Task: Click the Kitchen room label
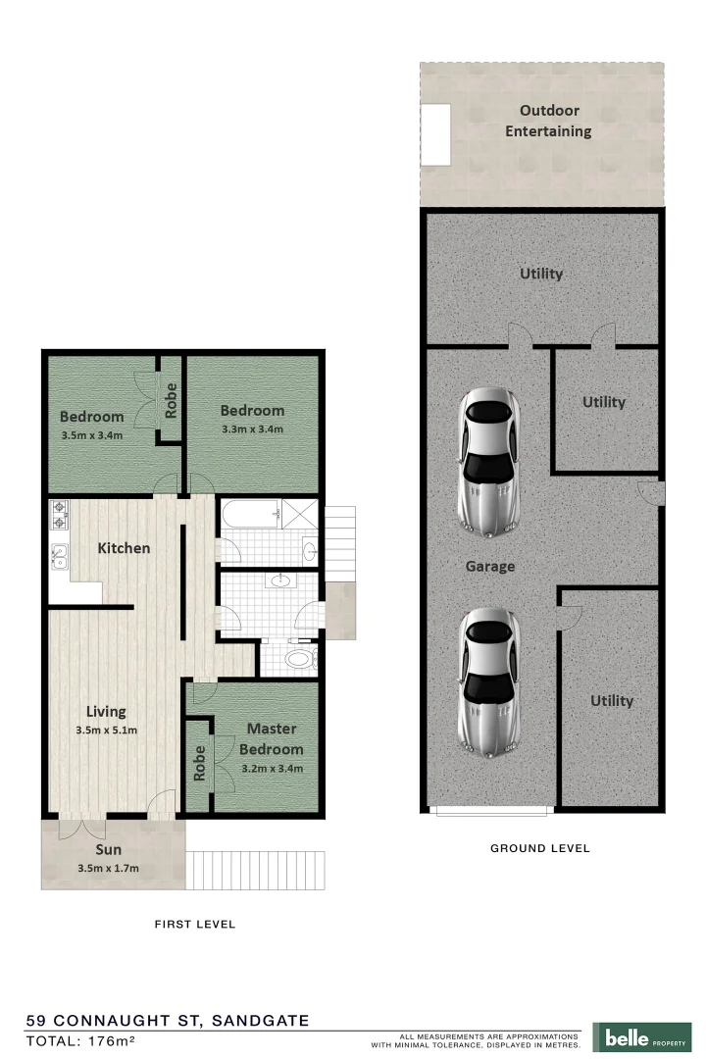pyautogui.click(x=124, y=548)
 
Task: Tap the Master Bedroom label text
pyautogui.click(x=272, y=738)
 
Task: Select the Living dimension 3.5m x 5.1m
pyautogui.click(x=106, y=731)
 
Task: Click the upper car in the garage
pyautogui.click(x=489, y=462)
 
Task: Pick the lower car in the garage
pyautogui.click(x=489, y=681)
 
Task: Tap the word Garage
pyautogui.click(x=490, y=567)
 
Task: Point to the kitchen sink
pyautogui.click(x=59, y=557)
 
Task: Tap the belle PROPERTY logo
pyautogui.click(x=642, y=1036)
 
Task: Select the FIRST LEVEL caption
pyautogui.click(x=195, y=924)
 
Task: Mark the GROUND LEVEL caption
pyautogui.click(x=539, y=848)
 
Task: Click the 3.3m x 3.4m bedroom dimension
pyautogui.click(x=252, y=429)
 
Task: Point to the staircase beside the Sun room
pyautogui.click(x=254, y=870)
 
